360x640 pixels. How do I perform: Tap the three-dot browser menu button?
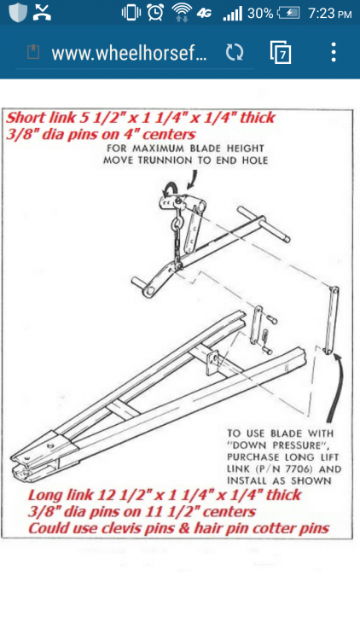point(334,52)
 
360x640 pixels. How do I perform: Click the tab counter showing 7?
point(281,52)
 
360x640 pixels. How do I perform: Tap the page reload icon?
point(235,52)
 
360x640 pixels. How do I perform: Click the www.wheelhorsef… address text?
point(130,53)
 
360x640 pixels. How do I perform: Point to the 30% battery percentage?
point(260,14)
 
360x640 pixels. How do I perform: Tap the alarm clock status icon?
point(155,13)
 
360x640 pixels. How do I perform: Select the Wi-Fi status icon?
point(182,13)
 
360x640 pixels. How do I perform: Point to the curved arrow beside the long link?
point(337,384)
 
